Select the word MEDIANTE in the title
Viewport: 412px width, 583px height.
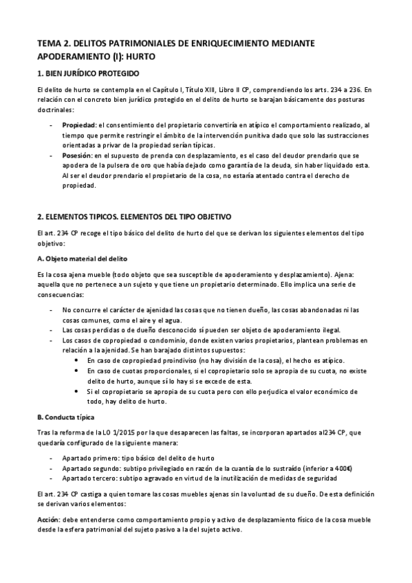[x=292, y=43]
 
